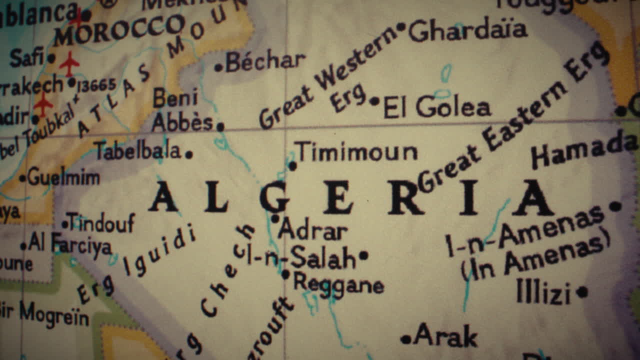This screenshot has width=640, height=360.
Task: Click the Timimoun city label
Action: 355,151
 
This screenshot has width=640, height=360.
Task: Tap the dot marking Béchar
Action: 218,67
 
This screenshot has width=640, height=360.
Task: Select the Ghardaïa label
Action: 467,30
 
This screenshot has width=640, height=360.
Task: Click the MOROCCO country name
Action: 119,29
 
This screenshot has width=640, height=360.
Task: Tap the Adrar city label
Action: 312,231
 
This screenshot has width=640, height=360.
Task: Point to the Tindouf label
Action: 100,222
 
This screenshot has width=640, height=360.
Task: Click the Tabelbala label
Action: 138,150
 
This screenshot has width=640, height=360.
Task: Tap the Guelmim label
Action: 63,177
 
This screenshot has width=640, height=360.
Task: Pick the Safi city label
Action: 26,58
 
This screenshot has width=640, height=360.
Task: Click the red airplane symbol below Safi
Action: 69,63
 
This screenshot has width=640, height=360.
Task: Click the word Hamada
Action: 584,149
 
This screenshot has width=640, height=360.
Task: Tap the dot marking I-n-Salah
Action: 363,255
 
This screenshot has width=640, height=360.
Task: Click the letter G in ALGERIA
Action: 274,197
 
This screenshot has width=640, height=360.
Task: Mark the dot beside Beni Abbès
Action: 220,126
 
